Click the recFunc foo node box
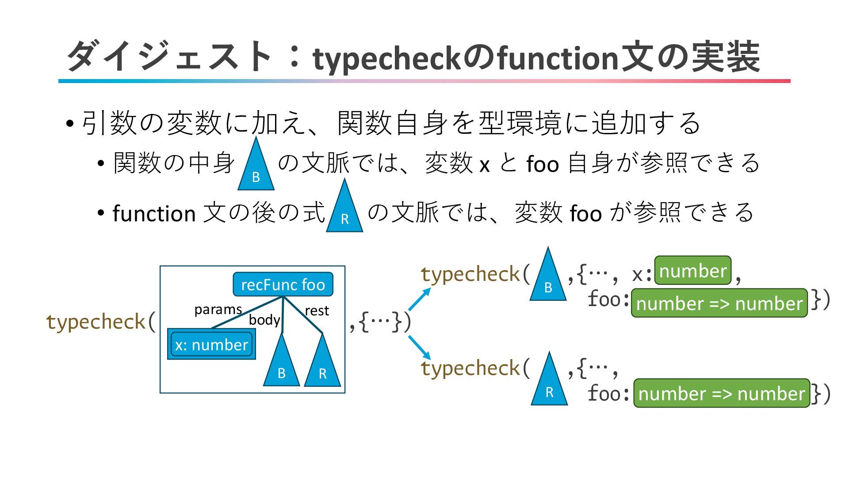[283, 284]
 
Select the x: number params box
[211, 344]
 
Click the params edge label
[218, 309]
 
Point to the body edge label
[264, 320]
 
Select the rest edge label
[317, 310]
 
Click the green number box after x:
[692, 271]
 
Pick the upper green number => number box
[719, 303]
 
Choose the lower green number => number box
[721, 393]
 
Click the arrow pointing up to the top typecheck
[419, 299]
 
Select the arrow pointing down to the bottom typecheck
[419, 348]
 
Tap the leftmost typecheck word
[96, 322]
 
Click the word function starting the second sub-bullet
[154, 214]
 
